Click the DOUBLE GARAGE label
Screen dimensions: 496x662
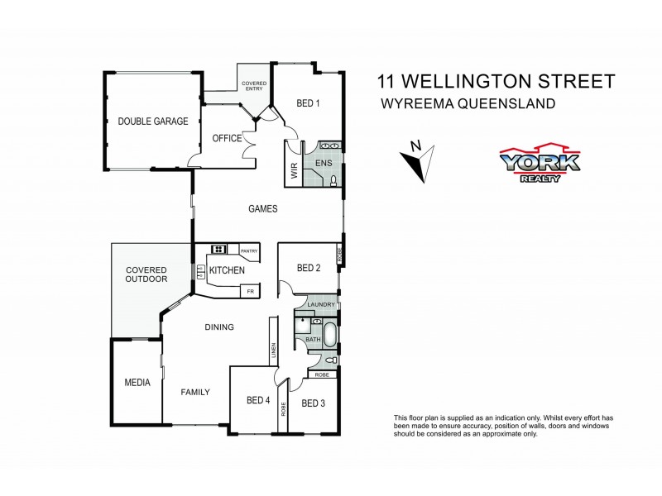tap(152, 122)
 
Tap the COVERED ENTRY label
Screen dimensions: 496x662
tap(254, 86)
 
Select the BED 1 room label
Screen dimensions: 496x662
tap(308, 103)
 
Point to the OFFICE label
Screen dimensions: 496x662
tap(226, 138)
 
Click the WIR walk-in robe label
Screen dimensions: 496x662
tap(294, 170)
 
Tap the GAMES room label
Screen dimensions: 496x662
tap(263, 208)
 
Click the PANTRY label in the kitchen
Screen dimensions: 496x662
tap(248, 250)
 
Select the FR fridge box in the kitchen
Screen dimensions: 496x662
tap(248, 291)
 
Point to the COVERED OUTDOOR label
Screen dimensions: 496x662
tap(146, 274)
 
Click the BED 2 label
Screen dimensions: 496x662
tap(308, 268)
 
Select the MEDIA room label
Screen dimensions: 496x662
tap(137, 383)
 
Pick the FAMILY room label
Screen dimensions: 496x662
tap(195, 392)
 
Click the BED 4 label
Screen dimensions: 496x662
tap(257, 400)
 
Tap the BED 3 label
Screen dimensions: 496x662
tap(313, 403)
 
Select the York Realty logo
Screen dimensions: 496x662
tap(538, 163)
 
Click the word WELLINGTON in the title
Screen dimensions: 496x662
tap(474, 81)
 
